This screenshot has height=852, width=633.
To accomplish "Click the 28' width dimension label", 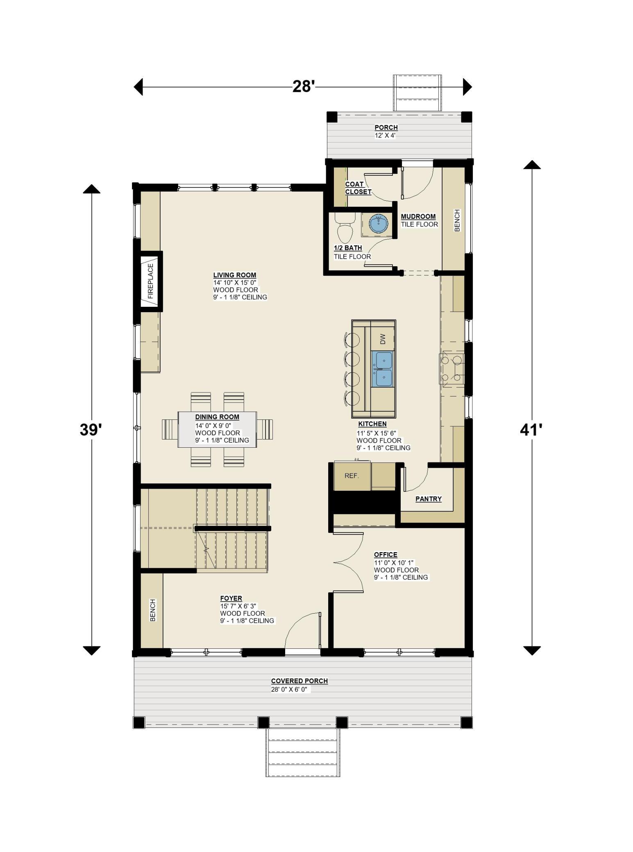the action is click(x=303, y=86).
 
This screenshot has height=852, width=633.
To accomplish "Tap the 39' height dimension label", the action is click(x=91, y=430).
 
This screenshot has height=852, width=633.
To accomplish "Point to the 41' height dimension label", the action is click(x=531, y=430).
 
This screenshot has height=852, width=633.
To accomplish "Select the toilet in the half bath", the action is click(x=345, y=227).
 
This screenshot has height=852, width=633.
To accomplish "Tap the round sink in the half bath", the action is click(x=379, y=224).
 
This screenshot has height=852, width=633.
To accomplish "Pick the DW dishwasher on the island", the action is click(x=383, y=339).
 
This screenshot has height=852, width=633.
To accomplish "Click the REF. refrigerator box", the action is click(x=352, y=476).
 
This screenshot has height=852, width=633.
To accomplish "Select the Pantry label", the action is click(x=429, y=499).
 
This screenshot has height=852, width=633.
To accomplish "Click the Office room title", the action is click(x=386, y=555).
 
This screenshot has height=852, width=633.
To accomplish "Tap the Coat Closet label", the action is click(x=358, y=188).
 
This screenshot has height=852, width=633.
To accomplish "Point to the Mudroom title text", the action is click(x=418, y=216).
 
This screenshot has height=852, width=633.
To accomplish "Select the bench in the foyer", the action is click(x=152, y=610).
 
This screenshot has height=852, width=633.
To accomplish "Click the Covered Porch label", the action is click(x=299, y=681).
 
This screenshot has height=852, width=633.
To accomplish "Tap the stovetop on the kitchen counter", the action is click(x=452, y=368).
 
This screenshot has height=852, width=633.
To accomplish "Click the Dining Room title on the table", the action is click(x=217, y=417).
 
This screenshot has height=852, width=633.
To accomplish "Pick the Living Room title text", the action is click(x=235, y=275).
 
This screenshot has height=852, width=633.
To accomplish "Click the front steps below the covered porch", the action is click(x=303, y=752).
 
